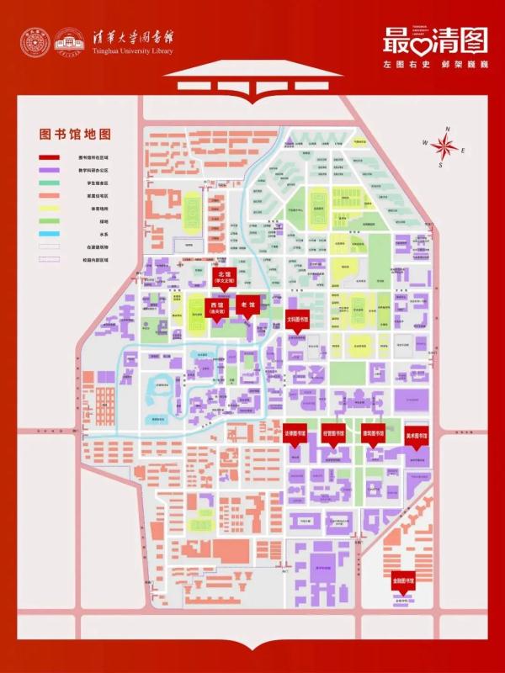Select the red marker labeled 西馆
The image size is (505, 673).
[x=216, y=308]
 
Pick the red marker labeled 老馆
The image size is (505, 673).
[x=247, y=305]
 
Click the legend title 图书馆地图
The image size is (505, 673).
[x=76, y=135]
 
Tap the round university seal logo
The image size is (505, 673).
[x=36, y=42]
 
